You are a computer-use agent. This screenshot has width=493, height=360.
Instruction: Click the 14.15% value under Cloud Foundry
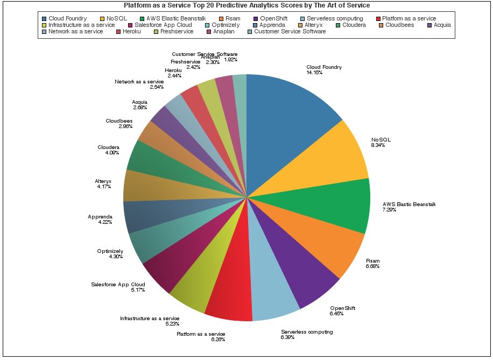tap(314, 73)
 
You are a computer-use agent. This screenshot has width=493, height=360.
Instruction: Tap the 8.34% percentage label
tap(378, 145)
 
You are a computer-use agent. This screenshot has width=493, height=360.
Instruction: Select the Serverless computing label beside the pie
tap(307, 332)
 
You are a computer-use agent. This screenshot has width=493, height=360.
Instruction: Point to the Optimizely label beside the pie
tap(110, 251)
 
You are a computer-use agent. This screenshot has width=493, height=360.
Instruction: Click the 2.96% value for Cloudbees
tap(125, 126)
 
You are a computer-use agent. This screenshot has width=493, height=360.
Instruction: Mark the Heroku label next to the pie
tap(173, 70)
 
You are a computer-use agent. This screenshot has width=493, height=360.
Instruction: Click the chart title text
tap(246, 5)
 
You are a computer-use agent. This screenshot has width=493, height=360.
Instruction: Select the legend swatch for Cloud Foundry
tap(44, 18)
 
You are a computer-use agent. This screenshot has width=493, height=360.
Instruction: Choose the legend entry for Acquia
tap(442, 25)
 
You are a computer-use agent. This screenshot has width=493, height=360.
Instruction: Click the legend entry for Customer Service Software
tap(290, 32)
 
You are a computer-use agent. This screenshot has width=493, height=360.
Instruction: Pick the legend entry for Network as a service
tap(75, 32)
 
